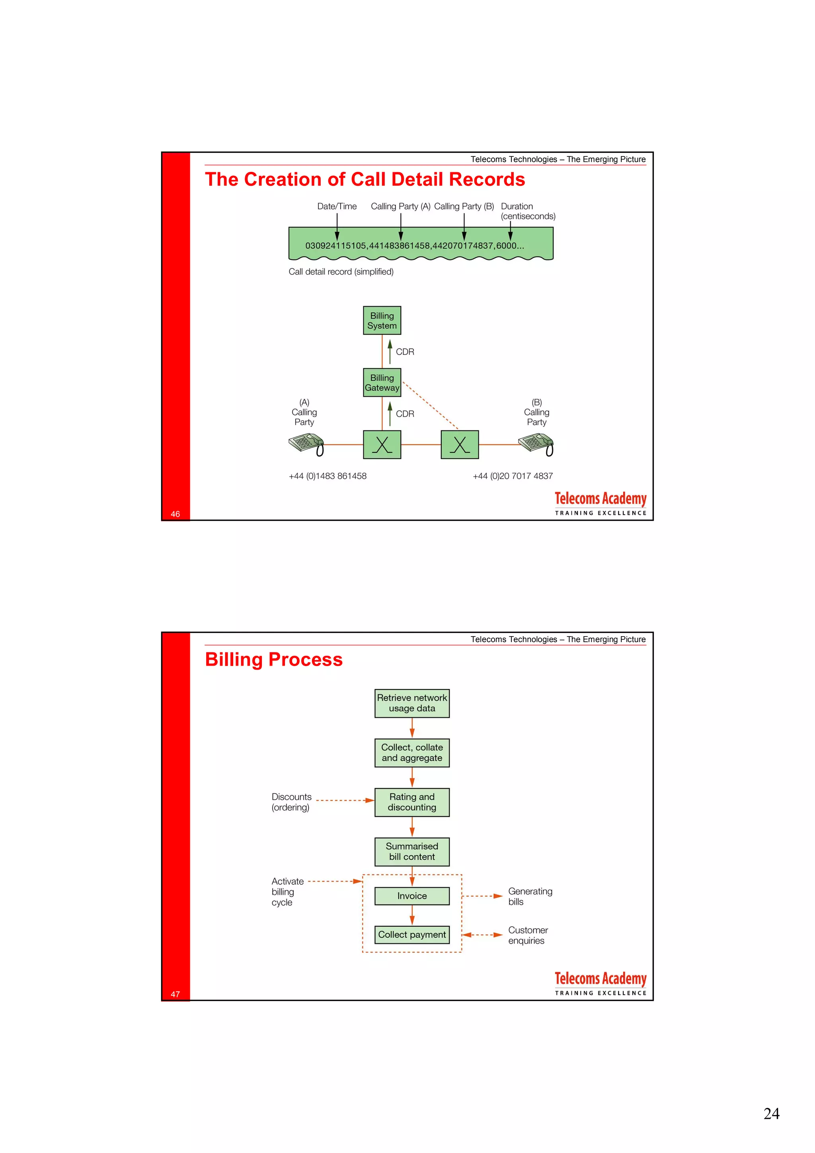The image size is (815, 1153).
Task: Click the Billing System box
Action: coord(382,320)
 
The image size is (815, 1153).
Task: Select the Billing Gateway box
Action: coord(382,382)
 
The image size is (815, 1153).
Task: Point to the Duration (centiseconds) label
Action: coord(527,211)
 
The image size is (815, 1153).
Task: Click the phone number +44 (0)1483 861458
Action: coord(328,476)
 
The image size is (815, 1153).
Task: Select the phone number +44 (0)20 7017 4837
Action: coord(512,476)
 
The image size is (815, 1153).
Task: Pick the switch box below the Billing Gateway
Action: coord(382,444)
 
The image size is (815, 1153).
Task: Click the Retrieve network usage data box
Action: coord(412,703)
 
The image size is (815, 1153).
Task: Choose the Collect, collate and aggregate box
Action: coord(412,753)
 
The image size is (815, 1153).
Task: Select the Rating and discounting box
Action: coord(412,802)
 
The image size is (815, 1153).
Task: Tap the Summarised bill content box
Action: coord(412,852)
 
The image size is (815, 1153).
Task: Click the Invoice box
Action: coord(412,896)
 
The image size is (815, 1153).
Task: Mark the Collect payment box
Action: coord(412,935)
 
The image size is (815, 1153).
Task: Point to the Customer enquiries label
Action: coord(527,935)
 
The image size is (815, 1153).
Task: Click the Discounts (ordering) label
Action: coord(291,802)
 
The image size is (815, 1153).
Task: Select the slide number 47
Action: coord(175,994)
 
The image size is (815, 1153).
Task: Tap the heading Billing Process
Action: coord(274,659)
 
